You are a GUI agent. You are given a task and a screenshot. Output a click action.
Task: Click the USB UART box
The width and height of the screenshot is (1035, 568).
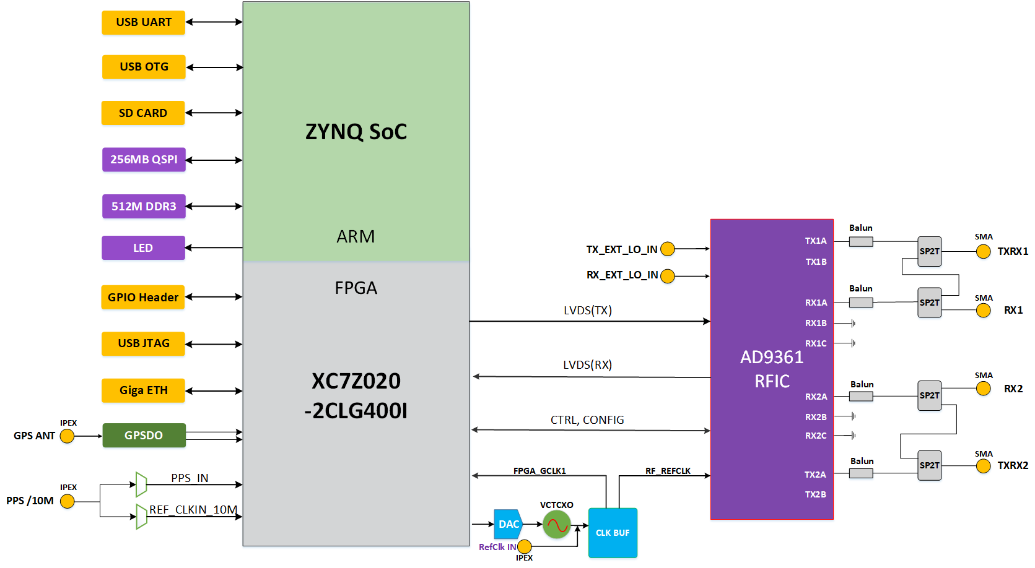coord(143,23)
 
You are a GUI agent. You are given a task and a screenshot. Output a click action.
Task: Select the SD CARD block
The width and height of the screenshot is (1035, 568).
coord(143,113)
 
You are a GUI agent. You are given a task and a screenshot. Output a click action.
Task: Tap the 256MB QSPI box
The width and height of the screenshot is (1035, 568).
coord(144,160)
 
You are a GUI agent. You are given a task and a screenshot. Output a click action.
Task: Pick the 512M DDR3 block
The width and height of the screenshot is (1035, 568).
coord(144,206)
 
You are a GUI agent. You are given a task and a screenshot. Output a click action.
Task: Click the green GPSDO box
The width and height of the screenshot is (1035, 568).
coord(144,436)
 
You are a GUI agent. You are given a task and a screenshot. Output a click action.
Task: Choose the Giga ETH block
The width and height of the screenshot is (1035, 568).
coord(143,390)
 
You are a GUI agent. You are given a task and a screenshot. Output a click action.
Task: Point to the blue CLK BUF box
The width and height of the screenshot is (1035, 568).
coord(613,533)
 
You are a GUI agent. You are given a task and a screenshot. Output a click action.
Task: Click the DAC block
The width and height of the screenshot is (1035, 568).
coord(508,524)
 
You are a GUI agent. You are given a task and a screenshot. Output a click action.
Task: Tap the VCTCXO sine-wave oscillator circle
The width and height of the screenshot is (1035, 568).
coord(557,525)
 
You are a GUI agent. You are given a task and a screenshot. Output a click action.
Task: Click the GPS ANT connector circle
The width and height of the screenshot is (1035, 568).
coord(67,436)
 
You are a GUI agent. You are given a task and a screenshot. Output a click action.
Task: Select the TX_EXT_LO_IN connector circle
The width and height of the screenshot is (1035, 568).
coord(668,249)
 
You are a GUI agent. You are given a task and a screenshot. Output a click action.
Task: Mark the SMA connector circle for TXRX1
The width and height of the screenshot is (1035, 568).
coord(983,251)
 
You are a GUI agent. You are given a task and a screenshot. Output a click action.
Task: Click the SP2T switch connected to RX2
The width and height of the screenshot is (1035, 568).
coord(929,395)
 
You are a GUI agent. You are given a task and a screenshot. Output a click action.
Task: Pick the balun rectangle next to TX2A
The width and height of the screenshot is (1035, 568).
coord(861,473)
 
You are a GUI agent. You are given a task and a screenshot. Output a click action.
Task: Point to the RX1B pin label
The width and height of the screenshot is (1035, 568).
coord(816,323)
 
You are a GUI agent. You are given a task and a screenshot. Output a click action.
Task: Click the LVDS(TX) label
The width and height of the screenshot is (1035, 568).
coord(588,311)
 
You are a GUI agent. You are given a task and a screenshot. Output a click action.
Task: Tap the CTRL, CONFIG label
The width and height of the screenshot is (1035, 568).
coord(587,420)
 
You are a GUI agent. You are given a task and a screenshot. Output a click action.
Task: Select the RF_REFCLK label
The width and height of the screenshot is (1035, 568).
coord(668,471)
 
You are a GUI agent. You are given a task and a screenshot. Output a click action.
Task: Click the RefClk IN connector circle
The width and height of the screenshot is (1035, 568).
coord(525,547)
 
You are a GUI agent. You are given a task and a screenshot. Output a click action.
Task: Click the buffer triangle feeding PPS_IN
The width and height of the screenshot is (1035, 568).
coord(141,484)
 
